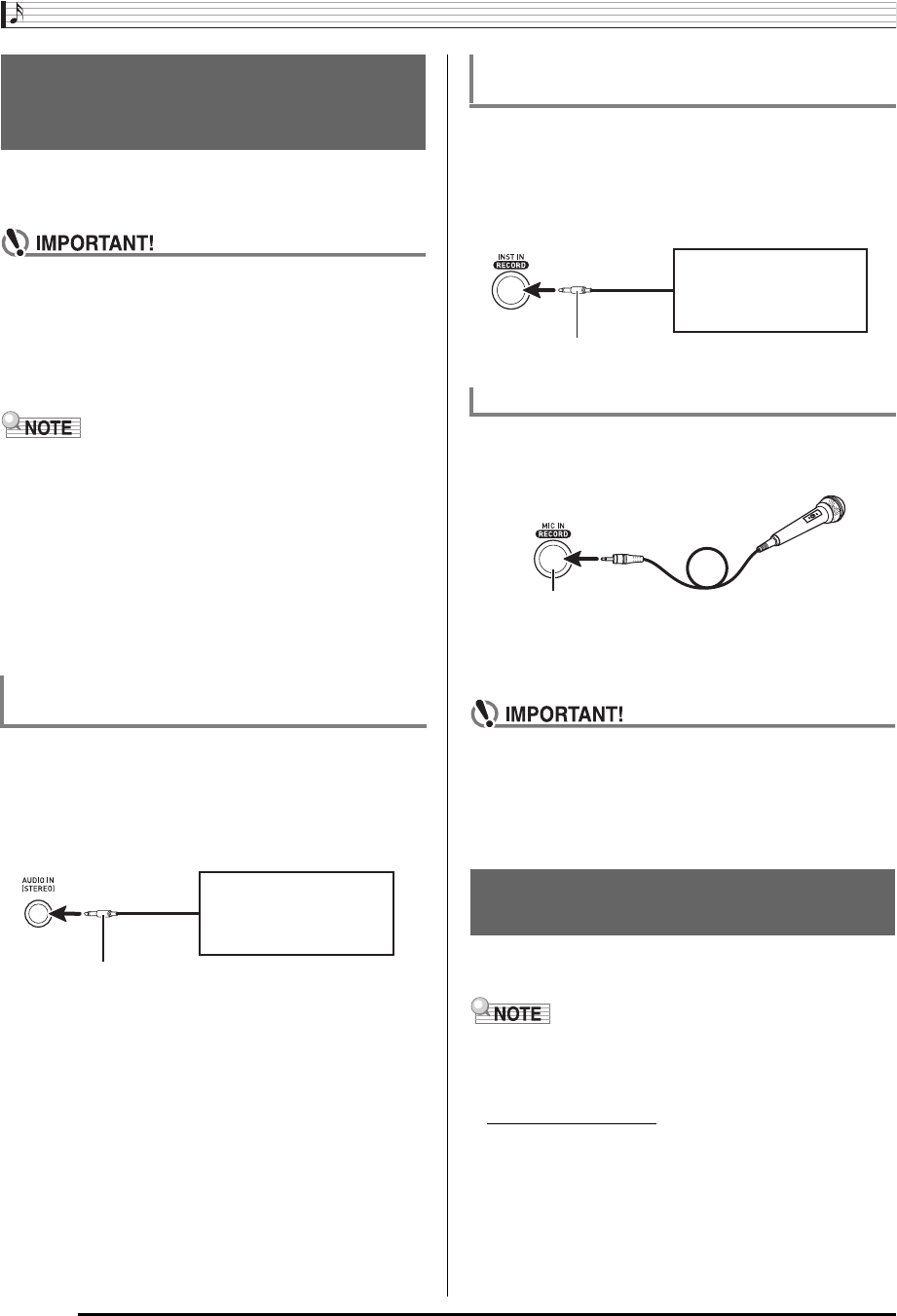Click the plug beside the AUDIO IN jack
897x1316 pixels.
coord(100,914)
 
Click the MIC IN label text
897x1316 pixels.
coord(553,524)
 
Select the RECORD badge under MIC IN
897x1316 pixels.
coord(553,534)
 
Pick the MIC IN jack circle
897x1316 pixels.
coord(552,559)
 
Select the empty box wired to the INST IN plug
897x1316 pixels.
coord(769,290)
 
